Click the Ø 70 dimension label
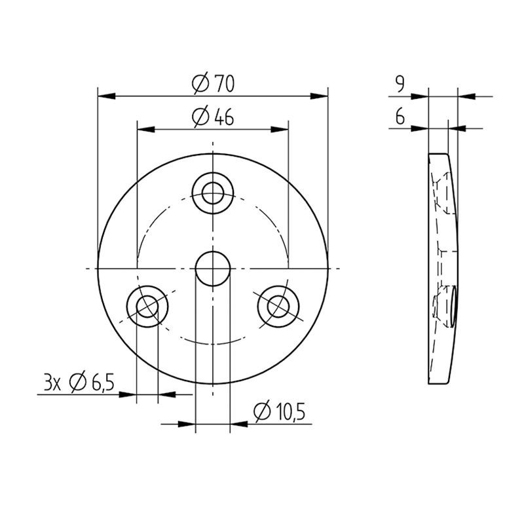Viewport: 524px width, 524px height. tap(214, 83)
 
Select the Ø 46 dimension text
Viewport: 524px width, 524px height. tap(213, 117)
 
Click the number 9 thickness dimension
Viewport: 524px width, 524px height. tap(400, 84)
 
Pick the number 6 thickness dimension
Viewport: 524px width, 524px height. tap(400, 117)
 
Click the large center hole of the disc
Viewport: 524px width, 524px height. tap(213, 269)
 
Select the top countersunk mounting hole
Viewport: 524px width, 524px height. tap(213, 193)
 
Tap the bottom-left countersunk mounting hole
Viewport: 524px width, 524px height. tap(147, 306)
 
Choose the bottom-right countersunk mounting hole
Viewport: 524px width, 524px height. tap(278, 306)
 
